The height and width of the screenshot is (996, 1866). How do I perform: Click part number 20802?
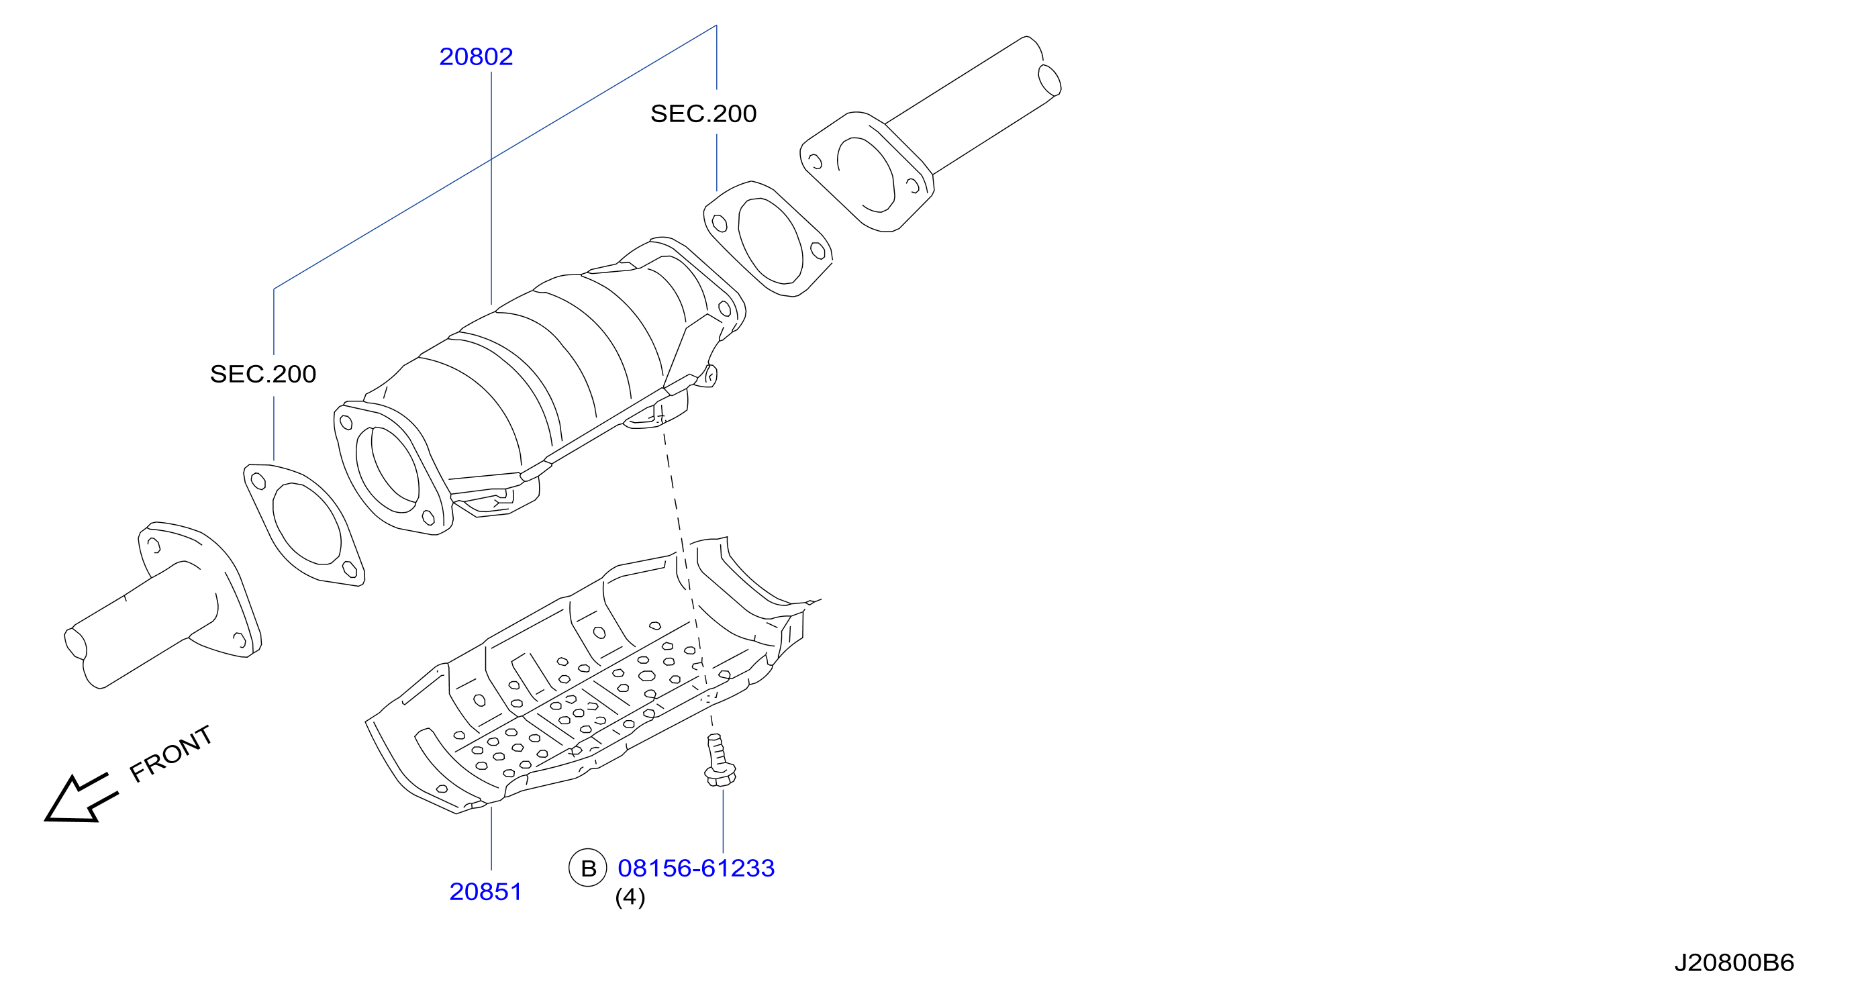(476, 56)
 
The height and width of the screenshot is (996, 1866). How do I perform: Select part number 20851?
(485, 892)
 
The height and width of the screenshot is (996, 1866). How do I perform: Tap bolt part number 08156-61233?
(696, 868)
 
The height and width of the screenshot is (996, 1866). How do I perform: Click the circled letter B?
(587, 868)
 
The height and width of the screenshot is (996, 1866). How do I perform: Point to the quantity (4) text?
(630, 897)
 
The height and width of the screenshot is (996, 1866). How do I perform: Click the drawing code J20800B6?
(1734, 962)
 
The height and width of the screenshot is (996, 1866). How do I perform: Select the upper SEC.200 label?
(703, 113)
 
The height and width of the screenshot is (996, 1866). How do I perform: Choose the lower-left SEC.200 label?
(263, 374)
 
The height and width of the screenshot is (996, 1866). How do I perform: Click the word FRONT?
(171, 754)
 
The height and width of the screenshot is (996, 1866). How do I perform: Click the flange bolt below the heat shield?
(720, 760)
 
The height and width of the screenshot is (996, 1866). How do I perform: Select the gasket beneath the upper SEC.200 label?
(768, 239)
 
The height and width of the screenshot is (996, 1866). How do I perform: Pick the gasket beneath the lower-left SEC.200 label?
(304, 525)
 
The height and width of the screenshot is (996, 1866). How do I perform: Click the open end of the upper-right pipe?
(1049, 80)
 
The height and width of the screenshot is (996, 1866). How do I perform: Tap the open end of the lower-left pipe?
(75, 643)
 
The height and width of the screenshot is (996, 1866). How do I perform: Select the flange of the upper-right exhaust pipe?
(867, 172)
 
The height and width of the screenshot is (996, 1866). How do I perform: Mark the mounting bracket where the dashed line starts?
(656, 411)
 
